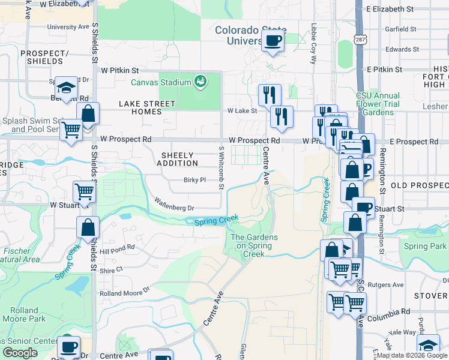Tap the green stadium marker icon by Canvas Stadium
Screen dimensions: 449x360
pyautogui.click(x=200, y=81)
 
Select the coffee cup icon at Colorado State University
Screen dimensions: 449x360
pyautogui.click(x=273, y=41)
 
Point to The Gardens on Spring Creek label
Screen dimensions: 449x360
pyautogui.click(x=254, y=245)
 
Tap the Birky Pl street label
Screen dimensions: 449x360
pyautogui.click(x=194, y=179)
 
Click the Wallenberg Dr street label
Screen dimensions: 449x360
pyautogui.click(x=174, y=204)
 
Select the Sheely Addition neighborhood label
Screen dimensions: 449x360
pyautogui.click(x=178, y=159)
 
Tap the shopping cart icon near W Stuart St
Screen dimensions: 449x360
pyautogui.click(x=84, y=192)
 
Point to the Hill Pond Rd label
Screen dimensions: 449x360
pyautogui.click(x=118, y=249)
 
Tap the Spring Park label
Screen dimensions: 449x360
pyautogui.click(x=424, y=246)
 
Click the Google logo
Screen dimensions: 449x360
pyautogui.click(x=20, y=353)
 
